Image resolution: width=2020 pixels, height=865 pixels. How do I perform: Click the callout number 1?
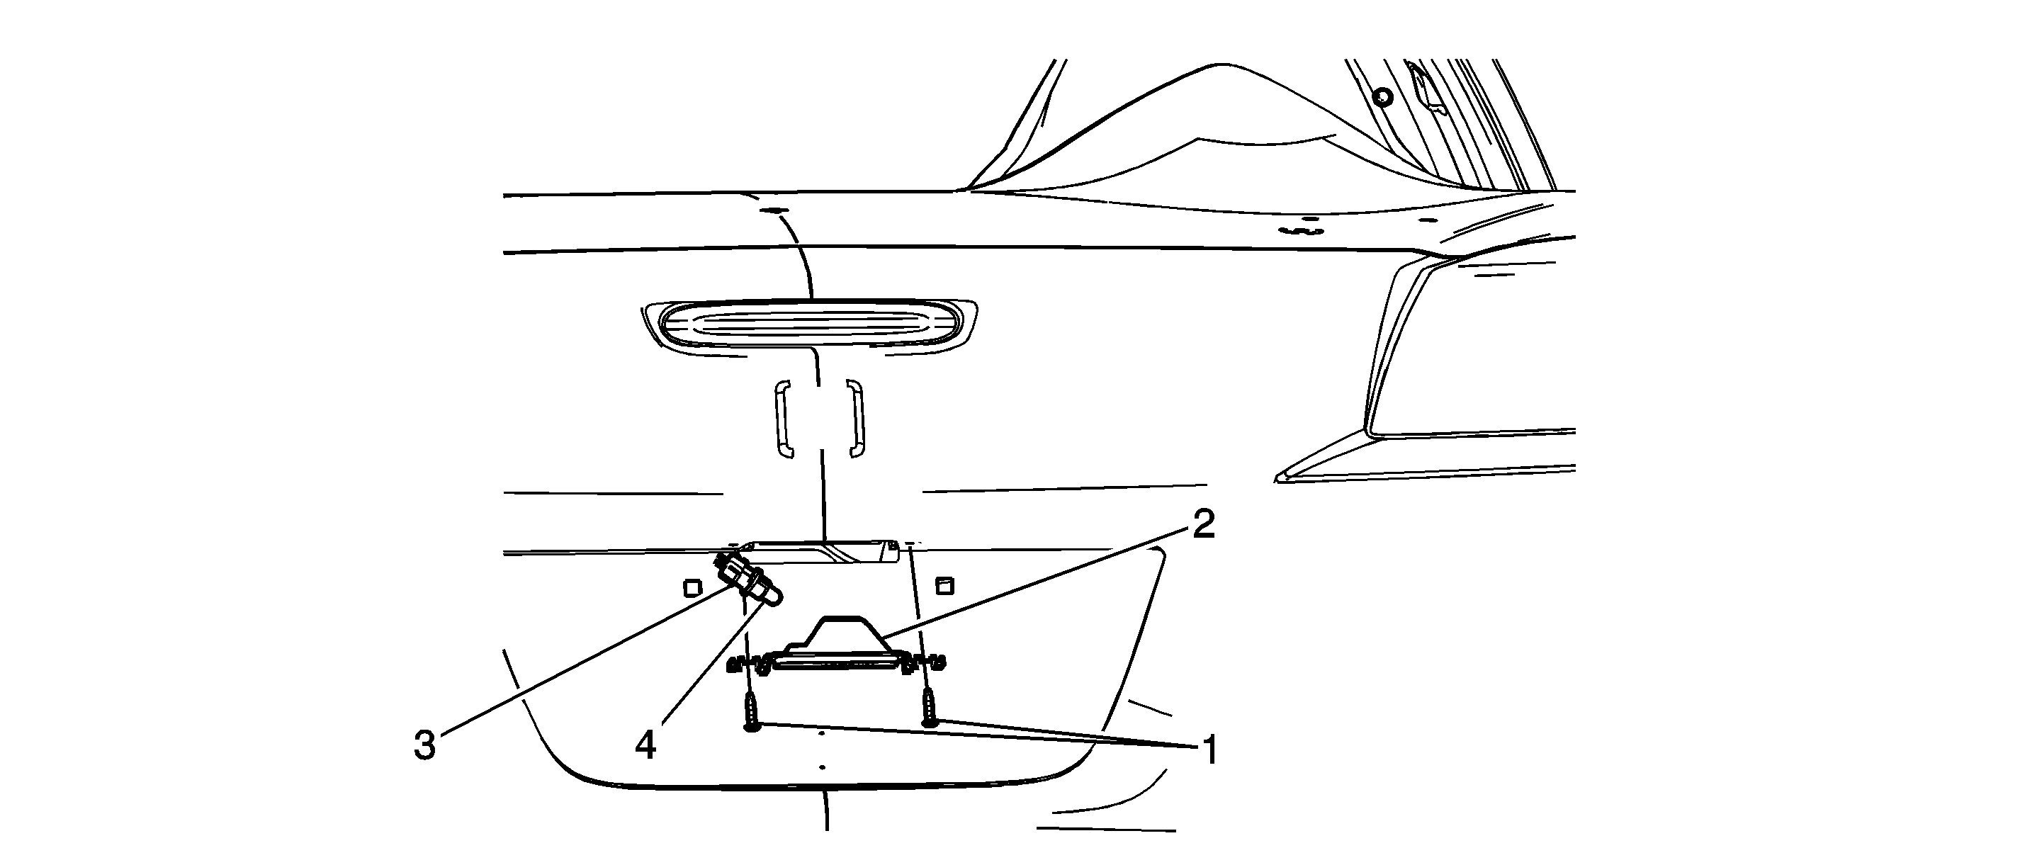pyautogui.click(x=1211, y=750)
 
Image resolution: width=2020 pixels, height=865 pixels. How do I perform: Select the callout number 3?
pyautogui.click(x=424, y=746)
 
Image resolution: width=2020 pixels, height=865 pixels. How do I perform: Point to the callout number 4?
pyautogui.click(x=645, y=745)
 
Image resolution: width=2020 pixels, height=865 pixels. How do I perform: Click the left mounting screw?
pyautogui.click(x=752, y=712)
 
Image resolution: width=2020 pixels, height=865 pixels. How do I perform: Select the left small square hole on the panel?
pyautogui.click(x=692, y=587)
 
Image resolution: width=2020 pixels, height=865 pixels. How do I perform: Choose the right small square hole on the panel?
pyautogui.click(x=945, y=585)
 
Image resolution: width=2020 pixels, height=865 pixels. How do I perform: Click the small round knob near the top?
pyautogui.click(x=1383, y=97)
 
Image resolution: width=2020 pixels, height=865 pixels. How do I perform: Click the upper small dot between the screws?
pyautogui.click(x=821, y=734)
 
